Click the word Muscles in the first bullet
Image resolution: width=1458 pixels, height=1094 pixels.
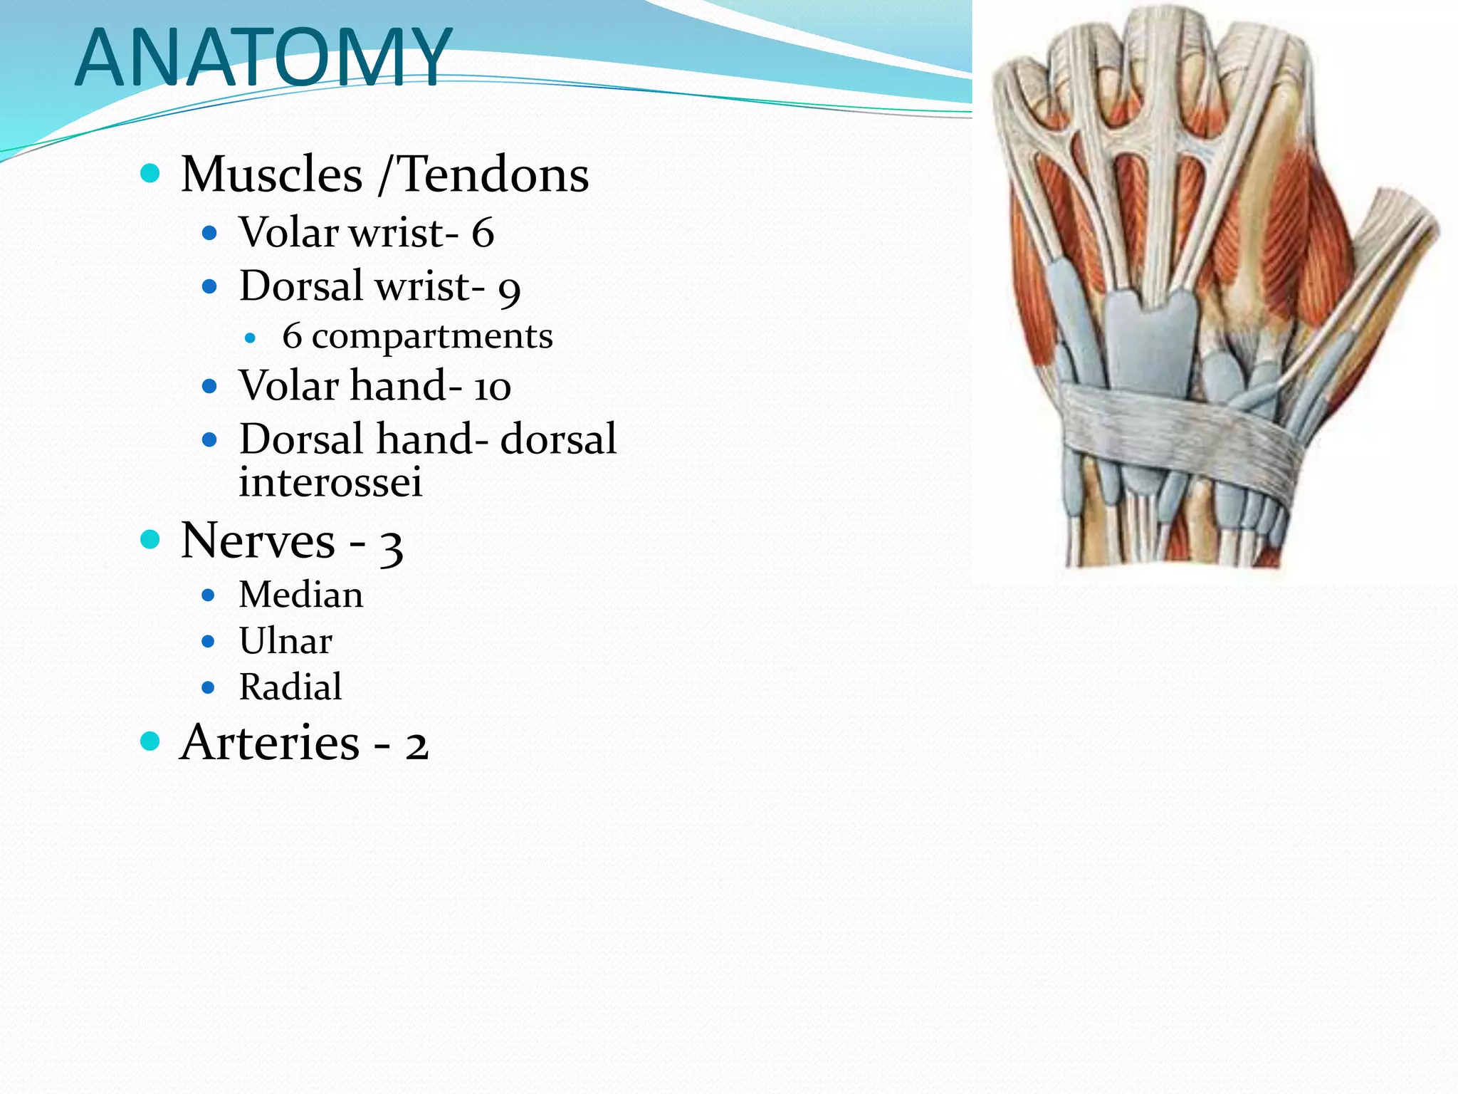(272, 174)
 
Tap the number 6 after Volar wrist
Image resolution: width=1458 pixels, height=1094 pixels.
(483, 233)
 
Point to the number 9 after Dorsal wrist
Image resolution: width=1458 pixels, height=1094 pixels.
(509, 288)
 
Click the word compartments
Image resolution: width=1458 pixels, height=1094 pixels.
(431, 336)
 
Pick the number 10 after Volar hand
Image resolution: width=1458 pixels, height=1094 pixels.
(492, 387)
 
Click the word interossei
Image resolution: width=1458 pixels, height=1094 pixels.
(330, 482)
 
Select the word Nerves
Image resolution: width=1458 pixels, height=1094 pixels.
(258, 541)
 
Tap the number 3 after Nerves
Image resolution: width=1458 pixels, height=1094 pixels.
(392, 546)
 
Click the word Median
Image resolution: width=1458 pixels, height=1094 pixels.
(300, 595)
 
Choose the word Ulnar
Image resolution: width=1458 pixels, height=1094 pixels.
(285, 641)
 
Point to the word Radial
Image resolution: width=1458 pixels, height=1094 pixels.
(290, 687)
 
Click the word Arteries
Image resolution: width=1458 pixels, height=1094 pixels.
(271, 742)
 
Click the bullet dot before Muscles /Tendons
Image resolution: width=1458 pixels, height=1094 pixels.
(150, 173)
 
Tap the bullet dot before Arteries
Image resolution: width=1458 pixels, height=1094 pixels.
(150, 741)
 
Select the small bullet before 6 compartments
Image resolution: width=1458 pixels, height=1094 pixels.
(250, 338)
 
